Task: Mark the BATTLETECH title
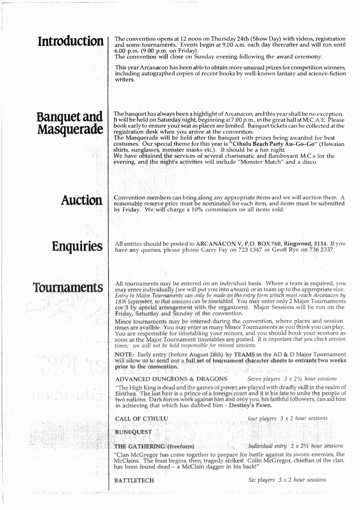point(133,490)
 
